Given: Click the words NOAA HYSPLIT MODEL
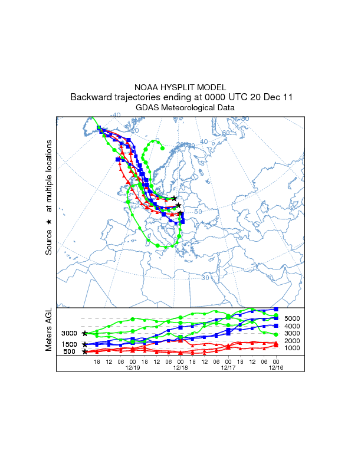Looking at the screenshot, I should coord(180,87).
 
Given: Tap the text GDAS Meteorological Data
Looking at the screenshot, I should coord(180,108).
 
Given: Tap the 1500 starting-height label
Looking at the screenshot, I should coord(70,344).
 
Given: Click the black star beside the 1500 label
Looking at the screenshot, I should coord(85,344).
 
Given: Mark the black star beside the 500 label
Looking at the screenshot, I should coord(85,352).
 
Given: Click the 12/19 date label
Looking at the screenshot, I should coord(133,367).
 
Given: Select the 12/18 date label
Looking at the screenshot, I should coord(180,367).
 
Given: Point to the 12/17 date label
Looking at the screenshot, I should coord(228,367).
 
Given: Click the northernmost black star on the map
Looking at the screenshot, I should coord(174,198).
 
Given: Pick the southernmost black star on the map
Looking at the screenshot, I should coord(180,213).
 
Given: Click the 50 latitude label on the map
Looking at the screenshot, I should coord(198,212).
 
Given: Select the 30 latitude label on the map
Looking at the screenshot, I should coord(206,277).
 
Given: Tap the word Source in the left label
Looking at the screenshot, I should coord(49,242).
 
